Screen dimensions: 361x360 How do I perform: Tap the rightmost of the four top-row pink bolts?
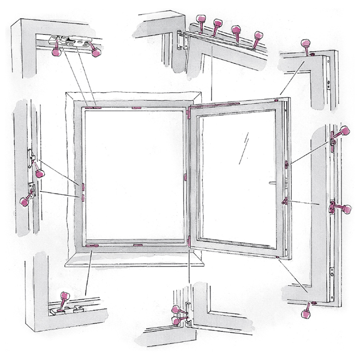[x=257, y=37]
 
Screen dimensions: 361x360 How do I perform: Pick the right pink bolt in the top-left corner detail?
[x=97, y=52]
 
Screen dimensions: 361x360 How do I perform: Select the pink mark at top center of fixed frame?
[x=136, y=107]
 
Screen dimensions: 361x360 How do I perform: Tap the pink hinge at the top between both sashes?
[x=189, y=112]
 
